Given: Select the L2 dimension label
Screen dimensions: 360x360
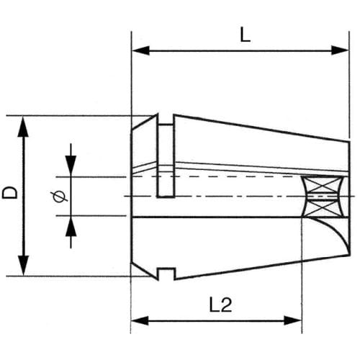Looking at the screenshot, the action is (x=220, y=305).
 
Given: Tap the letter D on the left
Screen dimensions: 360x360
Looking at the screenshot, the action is (x=10, y=192).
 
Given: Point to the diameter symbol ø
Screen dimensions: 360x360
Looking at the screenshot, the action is (x=59, y=197).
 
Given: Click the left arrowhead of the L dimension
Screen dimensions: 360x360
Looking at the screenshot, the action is (x=141, y=50).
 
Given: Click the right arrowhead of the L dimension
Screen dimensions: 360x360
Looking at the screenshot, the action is (x=340, y=50).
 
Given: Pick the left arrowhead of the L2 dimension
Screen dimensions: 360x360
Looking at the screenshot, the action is (x=140, y=320).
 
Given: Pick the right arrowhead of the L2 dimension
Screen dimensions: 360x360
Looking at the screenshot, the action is (x=292, y=320).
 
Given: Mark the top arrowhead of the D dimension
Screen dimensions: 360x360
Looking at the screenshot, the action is (x=23, y=127).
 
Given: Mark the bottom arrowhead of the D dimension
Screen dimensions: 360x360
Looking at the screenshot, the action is (x=23, y=266).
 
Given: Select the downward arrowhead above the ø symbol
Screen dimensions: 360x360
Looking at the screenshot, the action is (x=71, y=165).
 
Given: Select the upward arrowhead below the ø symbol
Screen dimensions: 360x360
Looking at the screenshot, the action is (x=71, y=228).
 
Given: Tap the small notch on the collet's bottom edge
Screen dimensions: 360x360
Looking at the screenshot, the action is (x=166, y=274).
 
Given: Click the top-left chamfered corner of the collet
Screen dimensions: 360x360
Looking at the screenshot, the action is (x=144, y=122).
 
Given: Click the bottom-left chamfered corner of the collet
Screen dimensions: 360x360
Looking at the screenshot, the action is (x=144, y=271).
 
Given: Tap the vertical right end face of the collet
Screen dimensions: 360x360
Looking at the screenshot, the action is (x=349, y=198).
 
